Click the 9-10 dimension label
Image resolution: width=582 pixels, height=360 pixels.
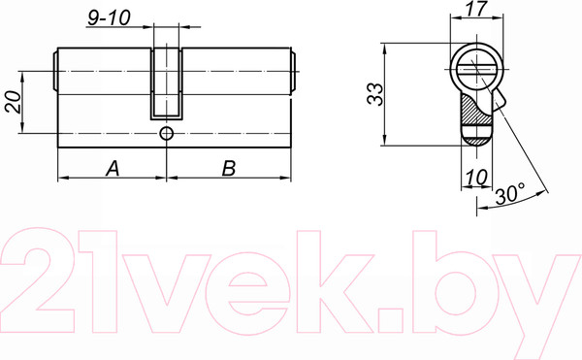click(109, 17)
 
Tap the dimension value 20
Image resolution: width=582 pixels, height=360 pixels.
click(13, 102)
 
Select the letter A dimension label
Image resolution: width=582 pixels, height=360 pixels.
click(113, 168)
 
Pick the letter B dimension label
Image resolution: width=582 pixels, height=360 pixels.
click(229, 168)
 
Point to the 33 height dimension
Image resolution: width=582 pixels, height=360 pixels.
click(374, 94)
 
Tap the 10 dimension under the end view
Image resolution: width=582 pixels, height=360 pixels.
click(476, 177)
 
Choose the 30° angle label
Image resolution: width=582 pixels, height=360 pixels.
click(510, 194)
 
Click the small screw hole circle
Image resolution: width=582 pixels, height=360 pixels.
click(166, 133)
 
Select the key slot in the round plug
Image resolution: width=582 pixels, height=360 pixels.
click(476, 70)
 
